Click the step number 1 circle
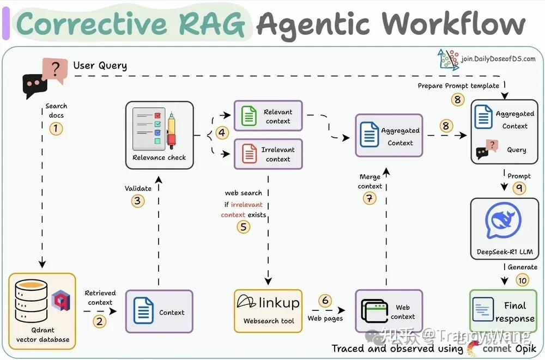click(56, 129)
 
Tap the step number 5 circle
click(244, 227)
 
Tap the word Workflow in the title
click(453, 23)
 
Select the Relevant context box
click(268, 116)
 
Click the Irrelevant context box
click(268, 154)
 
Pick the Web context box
click(389, 312)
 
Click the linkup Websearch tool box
click(268, 310)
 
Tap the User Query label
click(100, 66)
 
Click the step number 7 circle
click(370, 198)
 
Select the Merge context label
click(370, 181)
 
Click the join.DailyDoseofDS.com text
click(498, 59)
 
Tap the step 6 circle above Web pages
click(325, 301)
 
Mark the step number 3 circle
click(138, 200)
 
